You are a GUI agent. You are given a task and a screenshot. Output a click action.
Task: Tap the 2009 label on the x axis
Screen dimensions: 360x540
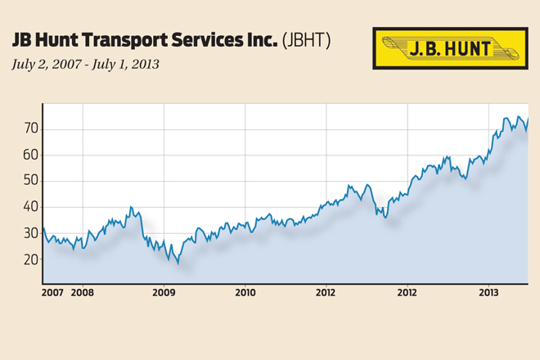point(164,291)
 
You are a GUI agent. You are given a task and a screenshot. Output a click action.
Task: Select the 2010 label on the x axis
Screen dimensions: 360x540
point(245,291)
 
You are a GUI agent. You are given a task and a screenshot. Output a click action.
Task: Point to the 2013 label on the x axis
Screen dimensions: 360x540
point(488,291)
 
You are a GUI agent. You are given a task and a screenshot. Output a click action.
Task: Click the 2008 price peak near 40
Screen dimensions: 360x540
point(131,208)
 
